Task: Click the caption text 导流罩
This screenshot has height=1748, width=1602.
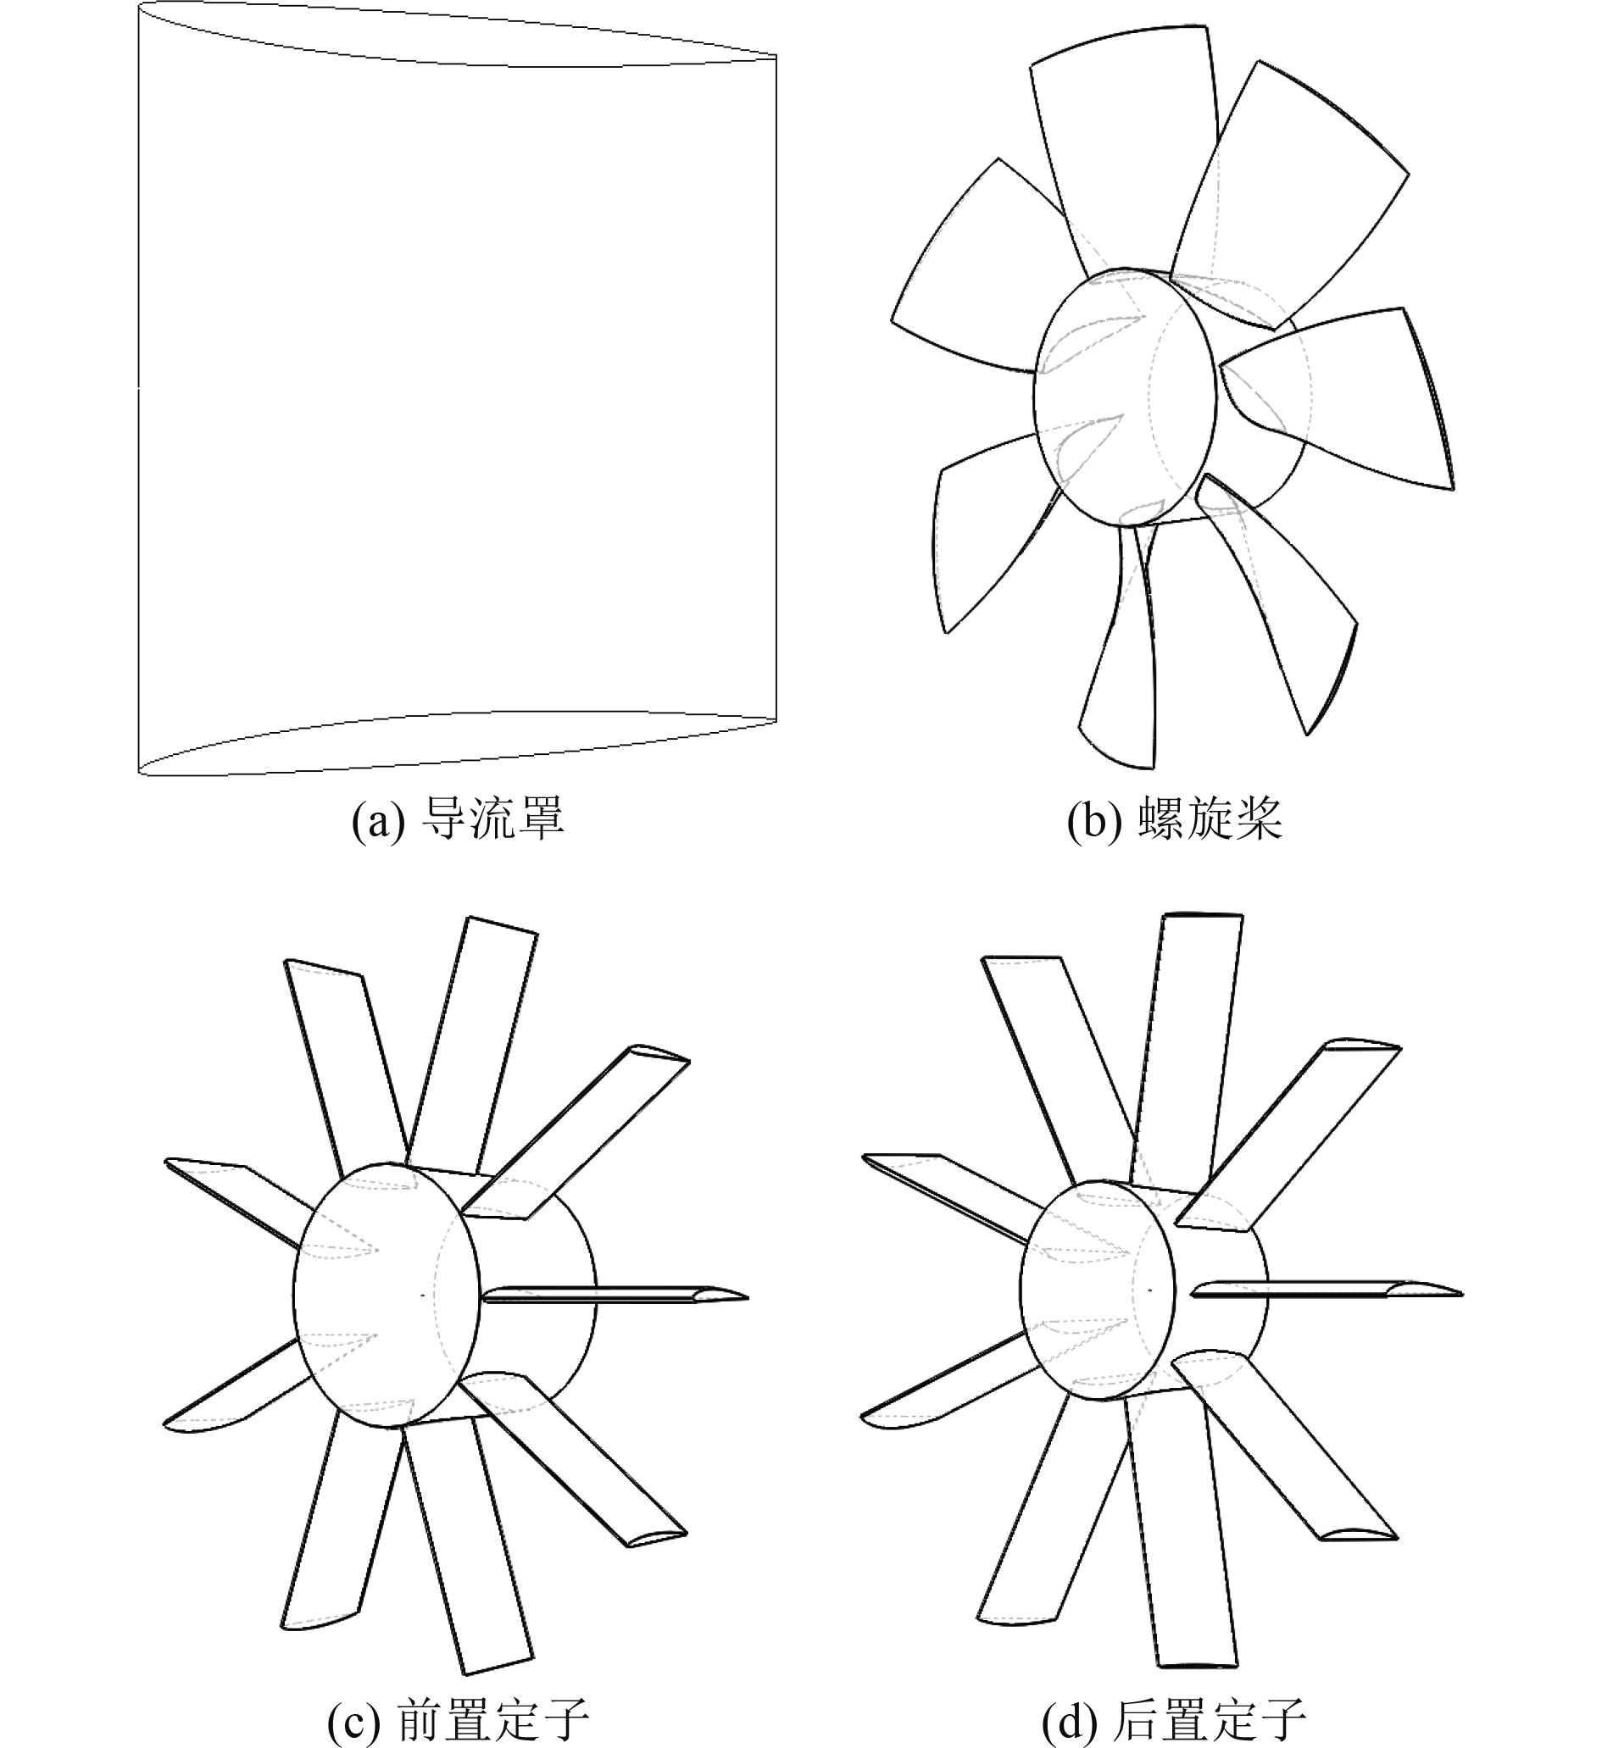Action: coord(492,819)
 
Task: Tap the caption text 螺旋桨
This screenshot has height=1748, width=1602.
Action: coord(1210,819)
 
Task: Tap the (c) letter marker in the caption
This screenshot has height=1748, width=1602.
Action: coord(353,1720)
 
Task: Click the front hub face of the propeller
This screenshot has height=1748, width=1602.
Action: coord(1124,397)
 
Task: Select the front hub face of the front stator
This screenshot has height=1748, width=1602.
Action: coord(386,1296)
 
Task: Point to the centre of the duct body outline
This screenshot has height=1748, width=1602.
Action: coord(457,390)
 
